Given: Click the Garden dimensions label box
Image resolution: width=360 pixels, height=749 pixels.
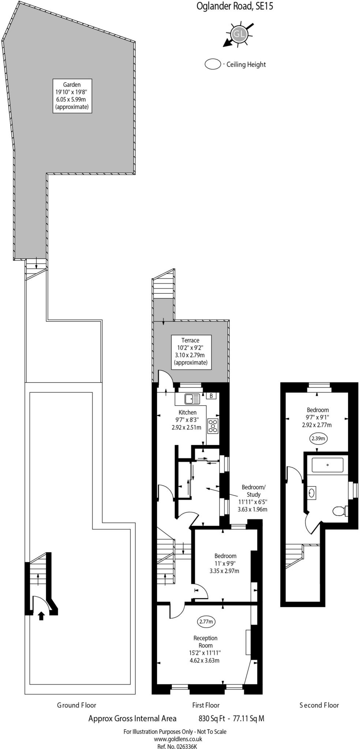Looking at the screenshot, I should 72,95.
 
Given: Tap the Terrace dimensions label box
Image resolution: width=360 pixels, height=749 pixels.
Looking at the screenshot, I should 190,351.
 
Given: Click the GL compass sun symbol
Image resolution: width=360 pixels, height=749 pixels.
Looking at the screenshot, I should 239,34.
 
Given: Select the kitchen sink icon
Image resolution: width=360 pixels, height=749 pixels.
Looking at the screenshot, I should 192,399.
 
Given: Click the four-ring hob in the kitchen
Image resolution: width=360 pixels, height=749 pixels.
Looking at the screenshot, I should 213,426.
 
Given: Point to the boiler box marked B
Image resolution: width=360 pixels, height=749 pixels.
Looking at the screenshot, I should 211,396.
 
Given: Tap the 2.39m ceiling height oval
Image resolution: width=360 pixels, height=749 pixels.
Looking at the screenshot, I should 318,438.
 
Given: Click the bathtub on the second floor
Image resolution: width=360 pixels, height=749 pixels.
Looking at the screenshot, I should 327,465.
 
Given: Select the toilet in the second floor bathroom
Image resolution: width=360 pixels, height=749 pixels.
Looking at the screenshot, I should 340,511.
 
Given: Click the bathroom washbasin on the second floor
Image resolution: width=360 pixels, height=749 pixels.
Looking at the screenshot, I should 312,493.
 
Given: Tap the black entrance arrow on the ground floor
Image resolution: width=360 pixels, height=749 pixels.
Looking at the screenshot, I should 41,616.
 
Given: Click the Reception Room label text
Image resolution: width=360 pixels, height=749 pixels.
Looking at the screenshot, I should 205,641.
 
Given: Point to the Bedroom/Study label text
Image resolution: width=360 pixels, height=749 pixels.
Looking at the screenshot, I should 253,490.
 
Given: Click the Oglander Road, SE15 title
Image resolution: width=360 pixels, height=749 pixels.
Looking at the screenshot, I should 235,6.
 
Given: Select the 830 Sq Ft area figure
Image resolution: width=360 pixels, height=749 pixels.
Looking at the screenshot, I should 211,718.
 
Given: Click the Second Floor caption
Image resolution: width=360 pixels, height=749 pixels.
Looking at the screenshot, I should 319,705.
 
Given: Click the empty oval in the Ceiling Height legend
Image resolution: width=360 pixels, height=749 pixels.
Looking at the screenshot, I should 213,64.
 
